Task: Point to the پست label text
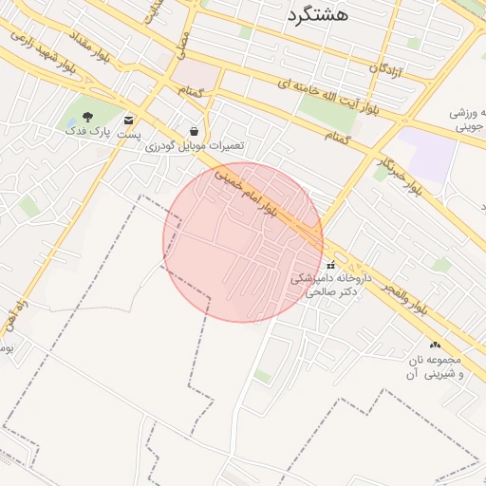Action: coord(129,136)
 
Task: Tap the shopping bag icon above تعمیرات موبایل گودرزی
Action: coord(195,131)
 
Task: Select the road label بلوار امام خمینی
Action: coord(246,192)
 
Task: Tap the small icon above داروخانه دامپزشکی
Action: coord(330,264)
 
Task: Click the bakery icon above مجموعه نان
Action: coord(435,346)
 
